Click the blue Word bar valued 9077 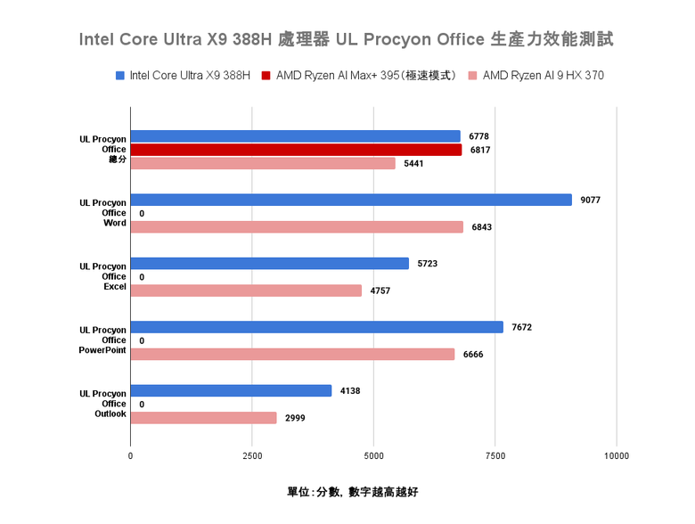(351, 200)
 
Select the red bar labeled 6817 (296, 150)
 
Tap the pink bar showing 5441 (263, 163)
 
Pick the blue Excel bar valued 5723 (269, 264)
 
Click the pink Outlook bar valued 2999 (203, 417)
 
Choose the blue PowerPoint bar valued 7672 (316, 327)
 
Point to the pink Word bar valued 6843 (297, 227)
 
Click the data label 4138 (350, 390)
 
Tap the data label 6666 (473, 355)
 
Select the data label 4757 (380, 291)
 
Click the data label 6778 (479, 136)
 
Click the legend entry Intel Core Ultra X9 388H (190, 76)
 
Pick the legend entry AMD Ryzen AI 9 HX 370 (543, 76)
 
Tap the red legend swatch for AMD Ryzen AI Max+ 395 (266, 76)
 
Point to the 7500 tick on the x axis (495, 456)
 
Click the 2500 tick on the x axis (252, 456)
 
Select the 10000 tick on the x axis (616, 456)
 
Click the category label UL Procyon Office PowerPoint (102, 340)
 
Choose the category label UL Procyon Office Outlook (102, 404)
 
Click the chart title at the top (347, 40)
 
